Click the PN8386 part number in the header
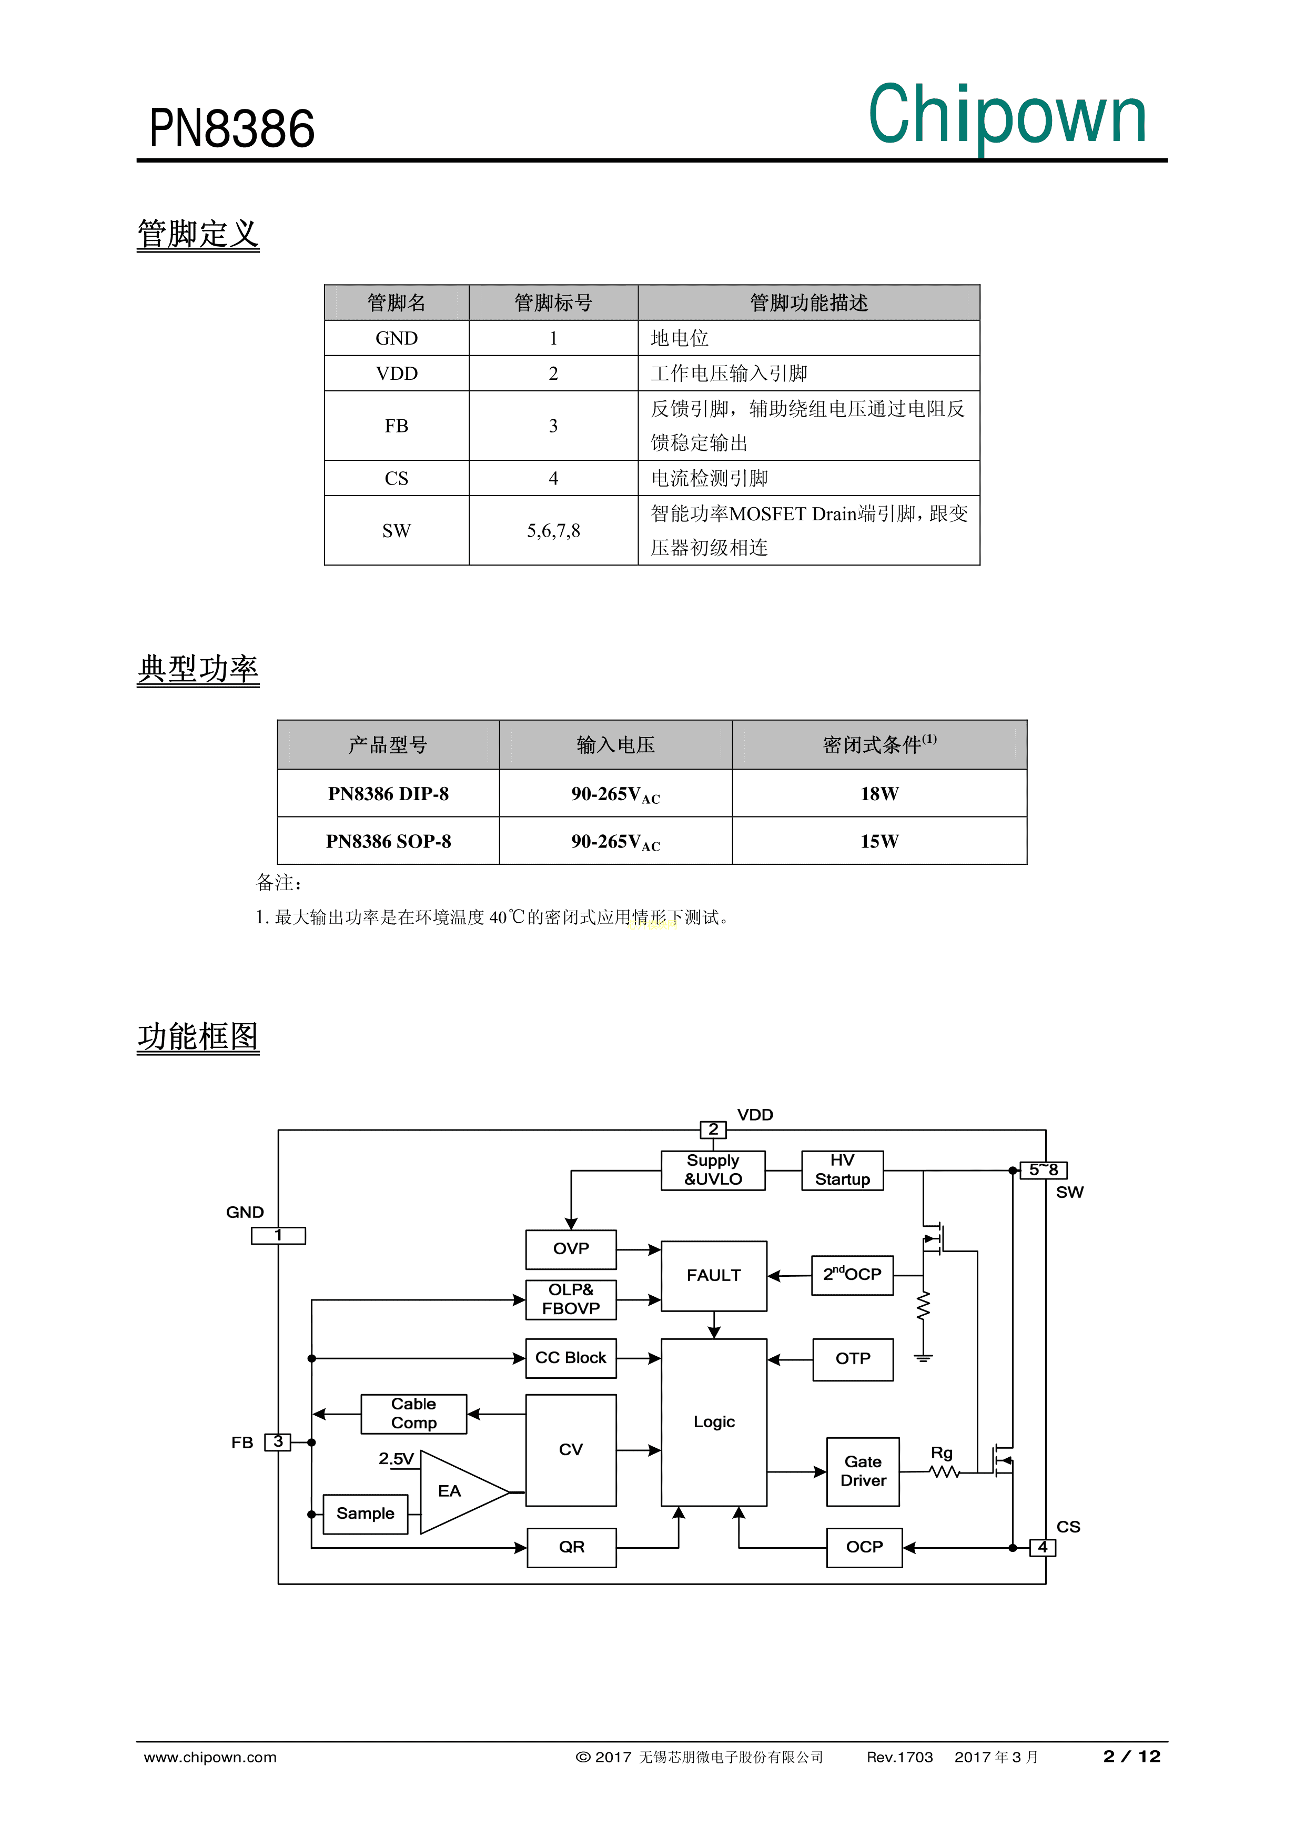(x=231, y=129)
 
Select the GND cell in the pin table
(x=397, y=338)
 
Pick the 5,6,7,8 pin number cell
(x=553, y=531)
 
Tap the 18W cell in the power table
(x=879, y=793)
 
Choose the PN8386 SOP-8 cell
(x=388, y=841)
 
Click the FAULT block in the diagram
(x=713, y=1275)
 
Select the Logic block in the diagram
(x=713, y=1421)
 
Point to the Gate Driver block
(x=863, y=1471)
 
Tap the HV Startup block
(x=842, y=1170)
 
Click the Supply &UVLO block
(x=712, y=1170)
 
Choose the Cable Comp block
(x=413, y=1414)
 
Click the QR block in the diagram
(x=571, y=1547)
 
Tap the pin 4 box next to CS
(x=1042, y=1547)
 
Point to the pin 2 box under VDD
(x=712, y=1129)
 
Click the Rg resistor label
(x=942, y=1453)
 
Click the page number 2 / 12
(x=1131, y=1757)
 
